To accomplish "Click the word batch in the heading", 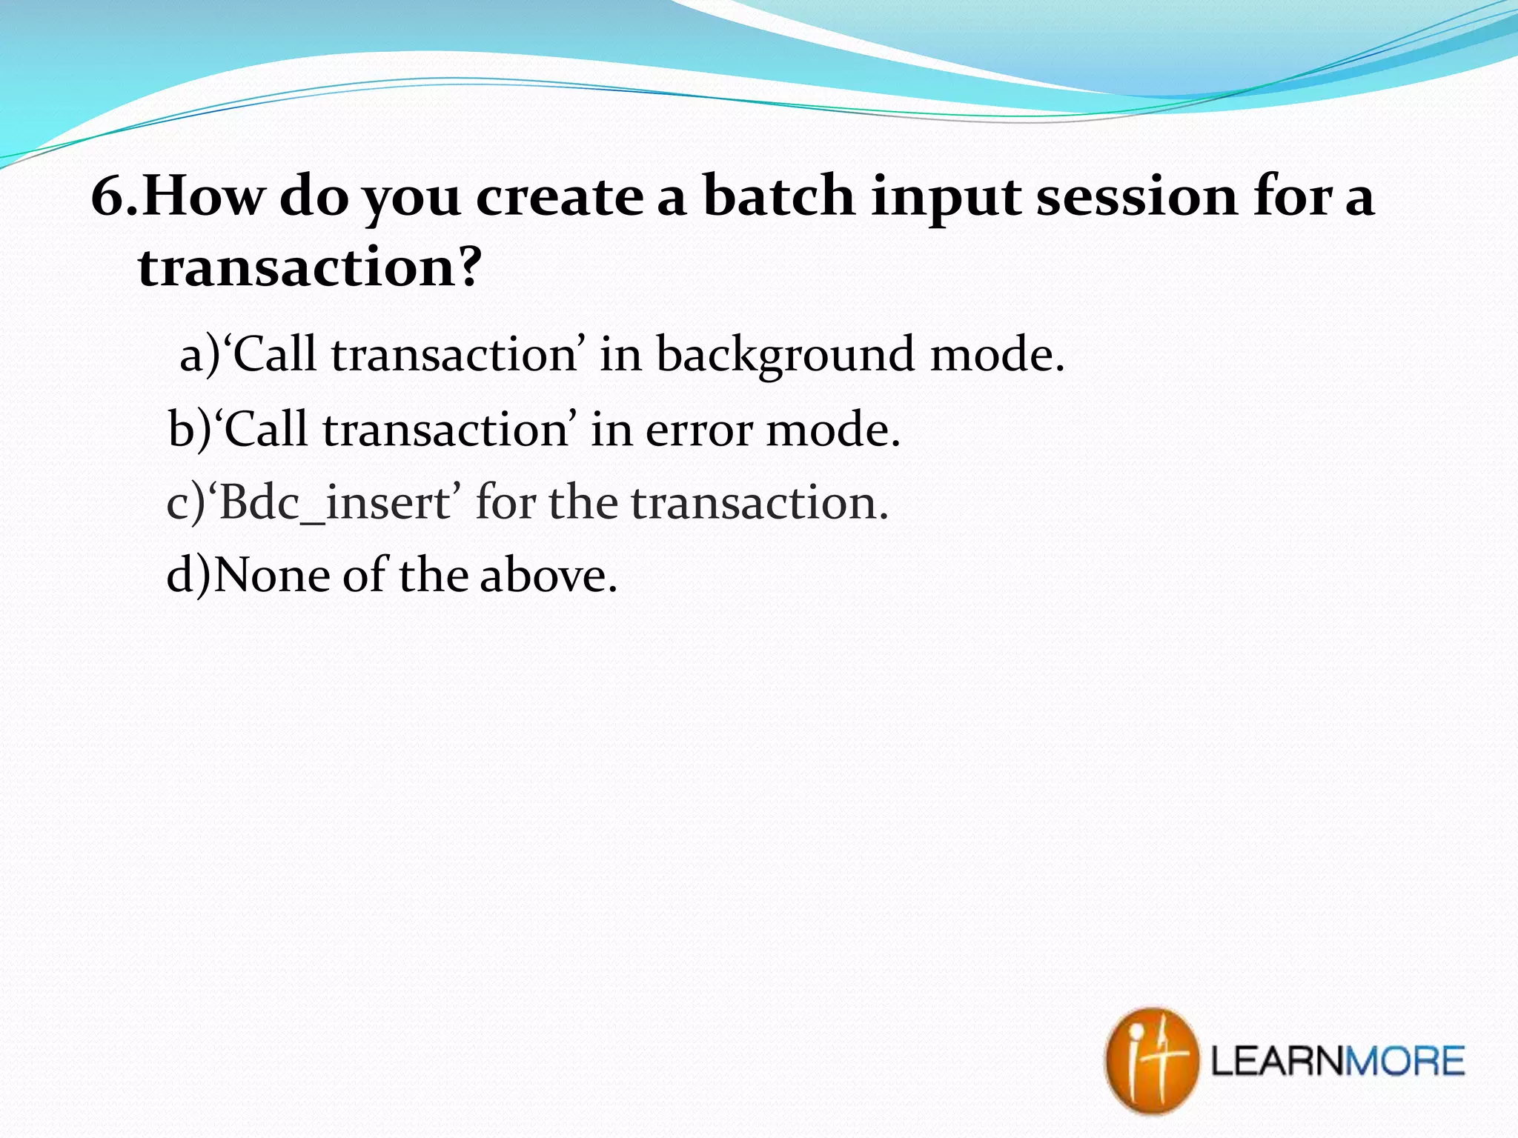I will tap(778, 197).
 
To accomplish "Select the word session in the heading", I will tap(1136, 197).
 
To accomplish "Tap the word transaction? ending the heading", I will tap(310, 267).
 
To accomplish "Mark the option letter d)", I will tap(188, 576).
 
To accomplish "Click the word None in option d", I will tap(272, 576).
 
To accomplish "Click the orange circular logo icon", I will tap(1150, 1059).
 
